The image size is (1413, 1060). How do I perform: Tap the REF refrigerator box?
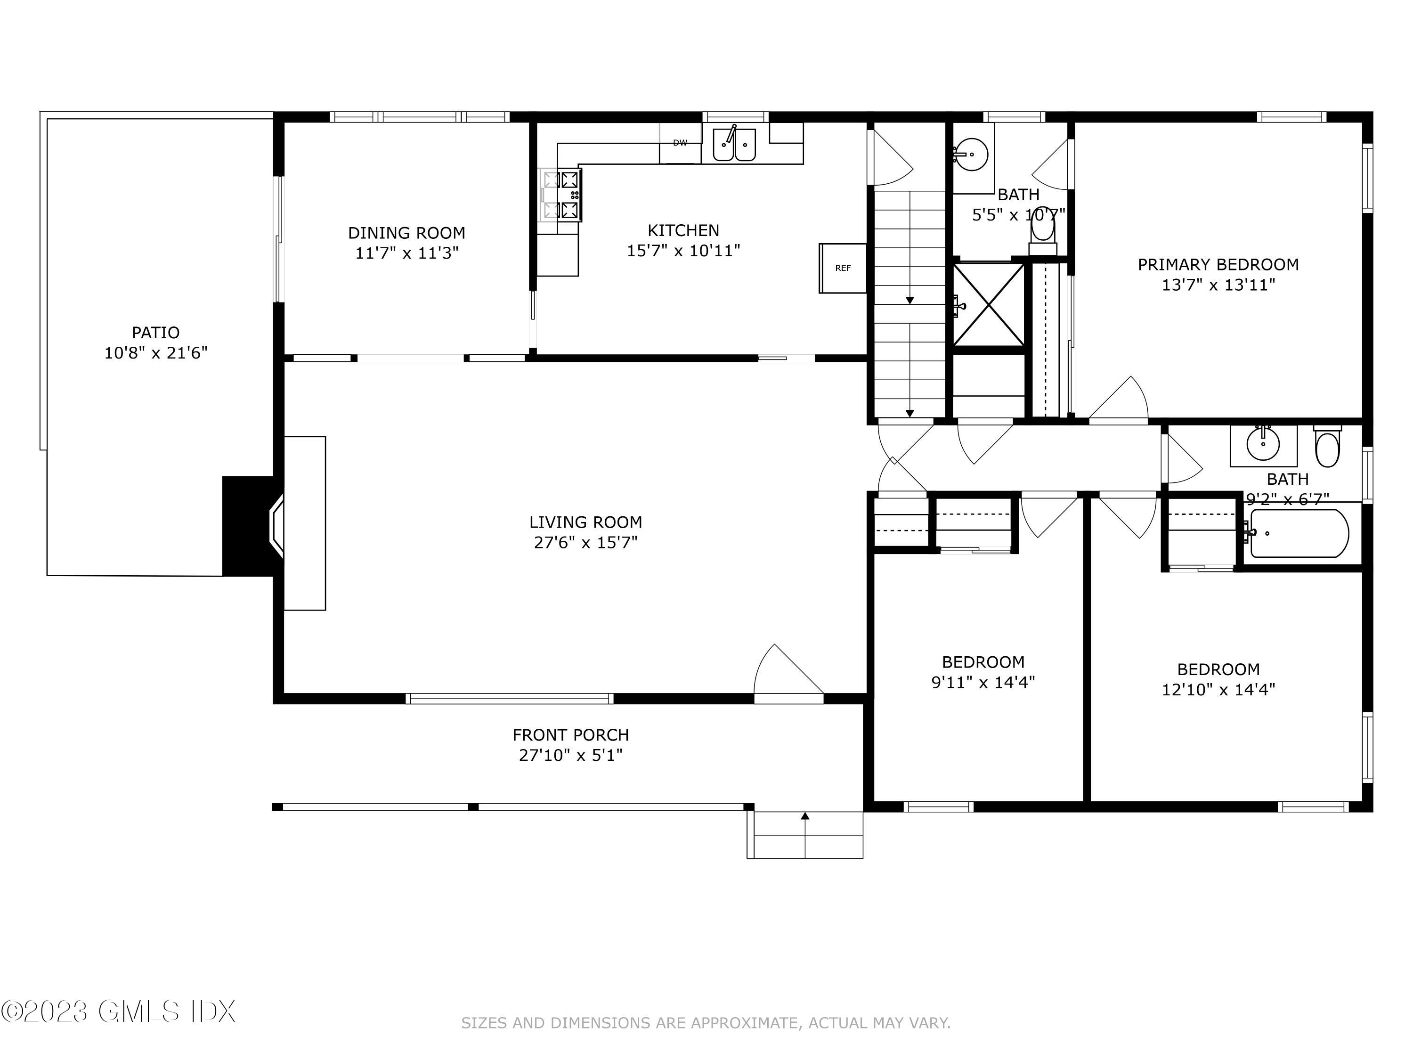pos(843,269)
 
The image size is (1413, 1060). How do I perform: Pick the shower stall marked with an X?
pos(988,304)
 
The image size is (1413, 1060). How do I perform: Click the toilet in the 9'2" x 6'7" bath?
pos(1327,446)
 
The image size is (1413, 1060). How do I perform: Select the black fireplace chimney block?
pos(248,526)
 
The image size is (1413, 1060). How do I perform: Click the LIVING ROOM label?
pos(586,522)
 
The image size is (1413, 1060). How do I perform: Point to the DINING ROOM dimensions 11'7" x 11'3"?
pos(407,253)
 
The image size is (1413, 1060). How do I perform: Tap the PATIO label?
pos(156,332)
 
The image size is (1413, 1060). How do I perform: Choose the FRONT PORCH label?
pos(570,735)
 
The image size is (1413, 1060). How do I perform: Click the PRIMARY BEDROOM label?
pos(1218,264)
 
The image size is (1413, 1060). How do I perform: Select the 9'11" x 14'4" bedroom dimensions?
pos(983,682)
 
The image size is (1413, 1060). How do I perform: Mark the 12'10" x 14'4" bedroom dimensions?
pos(1218,689)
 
